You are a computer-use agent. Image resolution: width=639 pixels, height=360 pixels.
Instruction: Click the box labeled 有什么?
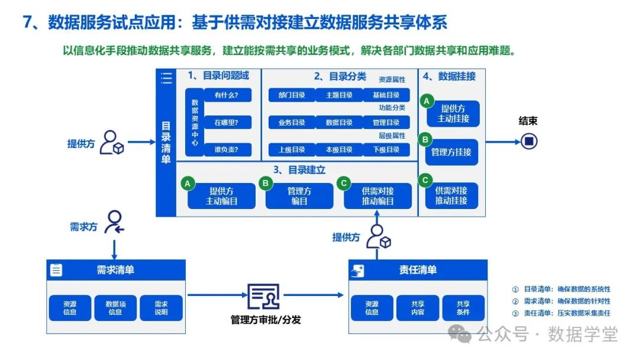tap(228, 95)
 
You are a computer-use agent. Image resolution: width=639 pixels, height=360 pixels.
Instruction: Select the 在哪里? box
tap(228, 123)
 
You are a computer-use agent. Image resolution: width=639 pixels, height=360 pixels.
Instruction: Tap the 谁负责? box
tap(228, 150)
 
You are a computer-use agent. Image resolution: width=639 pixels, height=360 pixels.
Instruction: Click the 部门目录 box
tap(292, 95)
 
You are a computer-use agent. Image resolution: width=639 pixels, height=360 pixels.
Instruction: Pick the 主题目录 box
tap(338, 95)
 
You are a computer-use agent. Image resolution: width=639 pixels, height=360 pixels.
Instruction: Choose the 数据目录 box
tap(338, 123)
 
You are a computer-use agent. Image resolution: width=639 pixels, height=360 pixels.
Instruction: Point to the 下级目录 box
tap(386, 150)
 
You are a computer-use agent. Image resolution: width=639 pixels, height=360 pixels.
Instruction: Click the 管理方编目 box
tap(299, 196)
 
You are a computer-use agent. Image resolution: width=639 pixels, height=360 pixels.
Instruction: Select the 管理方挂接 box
tap(451, 152)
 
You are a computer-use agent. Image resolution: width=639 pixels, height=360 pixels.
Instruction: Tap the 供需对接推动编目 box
tap(377, 196)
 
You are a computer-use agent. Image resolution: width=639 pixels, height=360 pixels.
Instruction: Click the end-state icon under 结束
tap(528, 141)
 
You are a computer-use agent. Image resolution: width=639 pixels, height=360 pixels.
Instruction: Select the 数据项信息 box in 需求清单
tap(115, 308)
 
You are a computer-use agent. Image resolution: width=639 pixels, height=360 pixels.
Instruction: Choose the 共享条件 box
tap(463, 308)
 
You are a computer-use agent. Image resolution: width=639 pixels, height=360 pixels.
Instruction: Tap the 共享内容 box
tap(418, 308)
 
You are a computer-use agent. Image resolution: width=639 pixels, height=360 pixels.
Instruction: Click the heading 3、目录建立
tap(299, 170)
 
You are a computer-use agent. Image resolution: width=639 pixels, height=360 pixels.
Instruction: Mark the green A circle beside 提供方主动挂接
tap(426, 101)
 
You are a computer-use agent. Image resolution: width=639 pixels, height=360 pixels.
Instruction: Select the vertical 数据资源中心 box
tap(195, 123)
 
